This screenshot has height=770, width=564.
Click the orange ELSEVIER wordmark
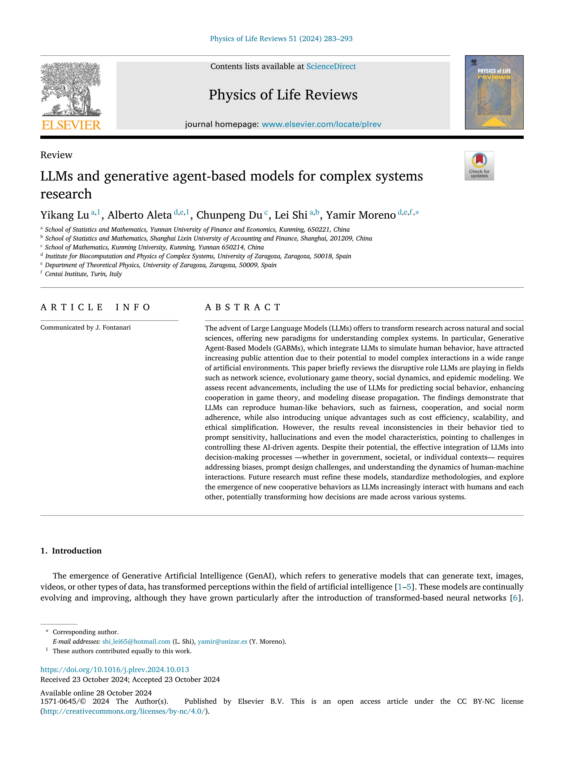click(x=71, y=125)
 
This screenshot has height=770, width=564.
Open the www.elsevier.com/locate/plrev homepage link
click(x=321, y=124)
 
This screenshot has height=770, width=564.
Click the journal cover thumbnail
click(x=494, y=92)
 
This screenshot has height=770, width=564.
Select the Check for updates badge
click(x=479, y=165)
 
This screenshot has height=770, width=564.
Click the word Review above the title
click(x=56, y=155)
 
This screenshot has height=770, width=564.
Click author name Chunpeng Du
click(x=229, y=215)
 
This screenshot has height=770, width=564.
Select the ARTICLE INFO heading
click(x=96, y=307)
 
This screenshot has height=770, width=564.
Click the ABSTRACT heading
click(x=243, y=307)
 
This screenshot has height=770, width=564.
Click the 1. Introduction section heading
click(x=71, y=551)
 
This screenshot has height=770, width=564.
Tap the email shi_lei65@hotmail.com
click(x=136, y=641)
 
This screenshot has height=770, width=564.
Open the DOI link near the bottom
click(x=115, y=670)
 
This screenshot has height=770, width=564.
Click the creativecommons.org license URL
click(x=125, y=711)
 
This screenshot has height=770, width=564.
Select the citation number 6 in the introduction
click(x=515, y=598)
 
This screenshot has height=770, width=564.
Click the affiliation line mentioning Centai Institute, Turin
click(x=83, y=274)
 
